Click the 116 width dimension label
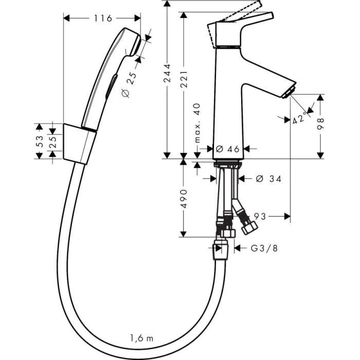click(x=103, y=19)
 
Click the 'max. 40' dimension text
click(x=196, y=123)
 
